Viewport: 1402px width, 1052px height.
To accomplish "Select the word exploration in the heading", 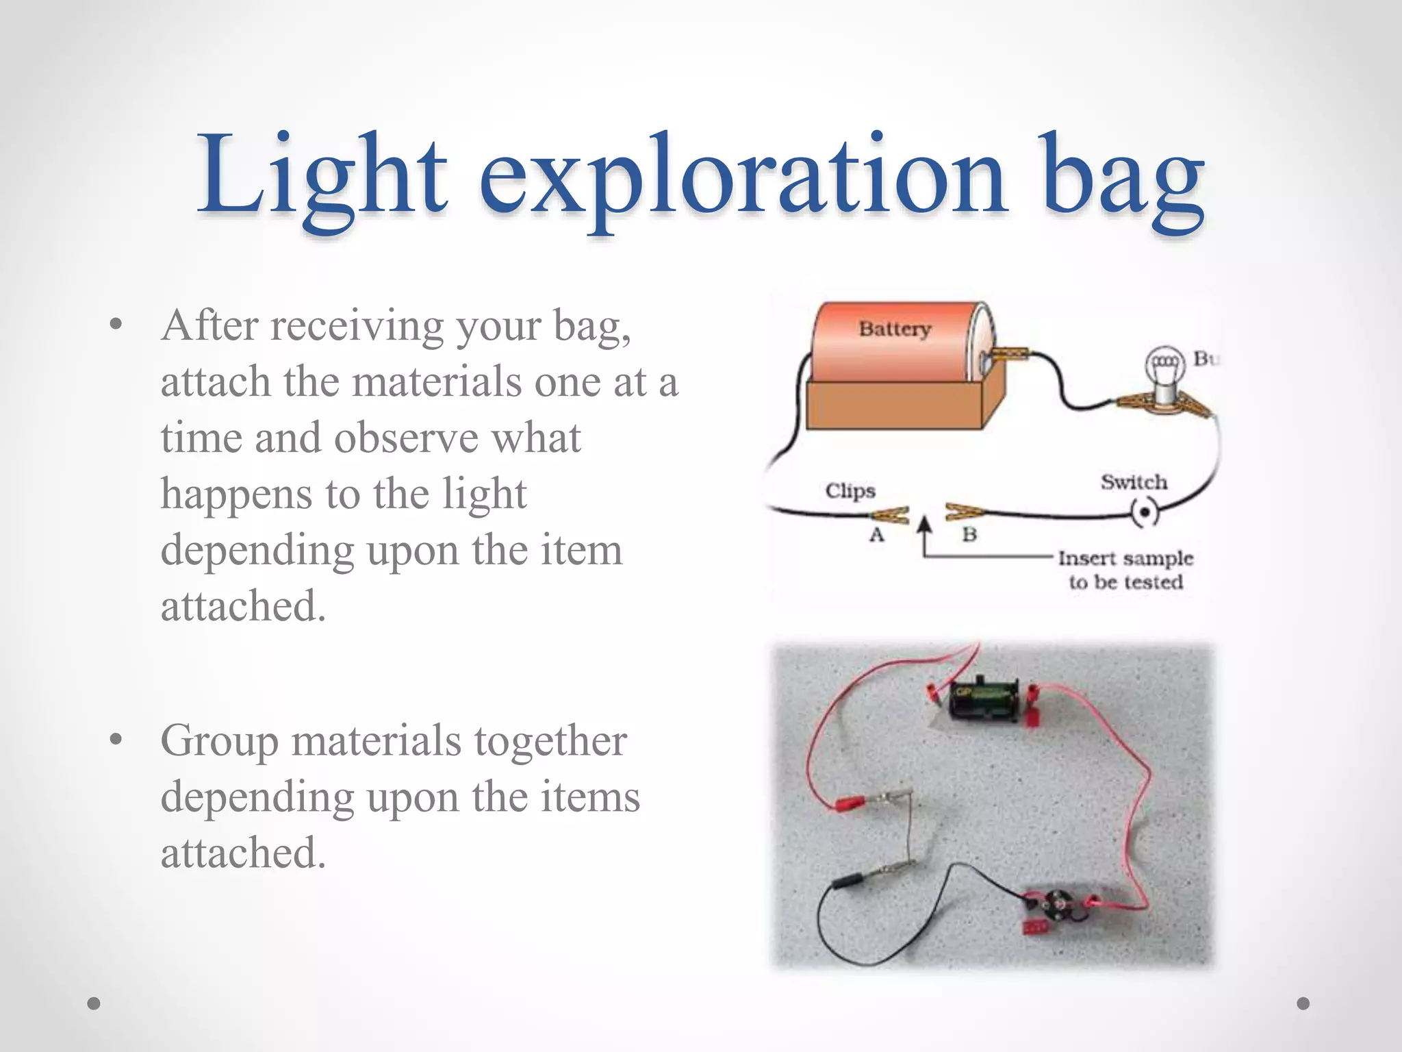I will [x=743, y=181].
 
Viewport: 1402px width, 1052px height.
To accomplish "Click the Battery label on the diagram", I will [x=895, y=329].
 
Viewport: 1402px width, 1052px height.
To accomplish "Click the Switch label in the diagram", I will [x=1134, y=482].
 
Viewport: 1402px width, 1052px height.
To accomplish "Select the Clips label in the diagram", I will [x=850, y=491].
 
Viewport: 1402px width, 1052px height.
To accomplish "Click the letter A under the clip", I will [x=877, y=535].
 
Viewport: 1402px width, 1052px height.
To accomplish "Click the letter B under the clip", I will [x=969, y=534].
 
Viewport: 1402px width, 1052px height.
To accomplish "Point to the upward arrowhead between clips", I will [x=925, y=525].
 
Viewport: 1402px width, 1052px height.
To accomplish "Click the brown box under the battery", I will [x=897, y=405].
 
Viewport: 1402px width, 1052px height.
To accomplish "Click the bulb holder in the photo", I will [x=1058, y=910].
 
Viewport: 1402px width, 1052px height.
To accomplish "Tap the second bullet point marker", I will [x=116, y=740].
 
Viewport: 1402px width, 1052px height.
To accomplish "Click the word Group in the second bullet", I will [x=219, y=742].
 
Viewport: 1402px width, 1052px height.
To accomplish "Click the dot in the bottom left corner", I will [x=94, y=1003].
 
